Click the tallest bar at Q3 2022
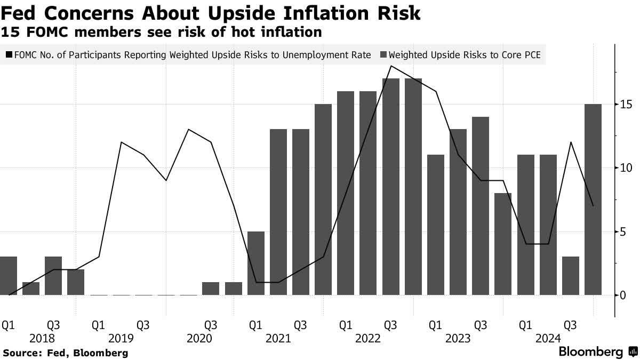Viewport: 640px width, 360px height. (x=391, y=187)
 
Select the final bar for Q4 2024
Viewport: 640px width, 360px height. (x=593, y=199)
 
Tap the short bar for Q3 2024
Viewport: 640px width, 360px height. (x=571, y=276)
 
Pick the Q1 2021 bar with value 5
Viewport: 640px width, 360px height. (x=256, y=263)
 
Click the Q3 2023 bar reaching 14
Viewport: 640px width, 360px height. (x=481, y=206)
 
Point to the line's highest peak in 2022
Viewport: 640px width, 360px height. (x=391, y=66)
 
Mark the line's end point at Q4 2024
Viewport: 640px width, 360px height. (x=593, y=206)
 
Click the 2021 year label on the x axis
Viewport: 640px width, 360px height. (x=277, y=339)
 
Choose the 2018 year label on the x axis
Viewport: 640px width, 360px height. (x=43, y=339)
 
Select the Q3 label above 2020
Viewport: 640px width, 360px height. (x=211, y=325)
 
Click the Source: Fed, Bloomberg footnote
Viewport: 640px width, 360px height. (x=65, y=353)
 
